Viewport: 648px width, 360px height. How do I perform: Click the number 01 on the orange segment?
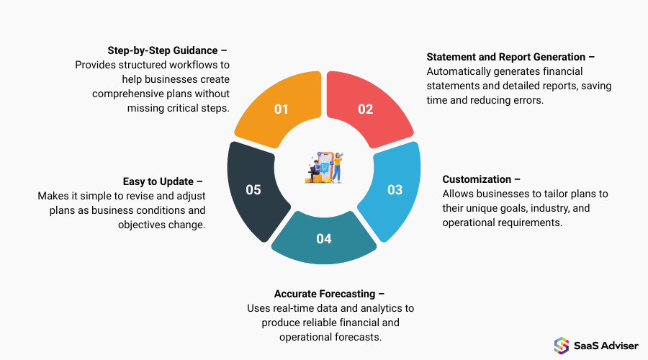coord(281,109)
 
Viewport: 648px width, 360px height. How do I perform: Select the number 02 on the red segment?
coord(366,109)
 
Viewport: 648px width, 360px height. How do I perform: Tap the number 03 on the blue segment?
coord(395,190)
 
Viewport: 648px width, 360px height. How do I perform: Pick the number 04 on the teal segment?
coord(324,238)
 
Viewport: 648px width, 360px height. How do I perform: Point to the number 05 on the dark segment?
coord(253,190)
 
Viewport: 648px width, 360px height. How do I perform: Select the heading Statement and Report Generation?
coord(512,57)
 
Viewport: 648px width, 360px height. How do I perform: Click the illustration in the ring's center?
coord(324,167)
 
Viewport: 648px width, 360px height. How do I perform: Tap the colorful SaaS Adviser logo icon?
coord(561,345)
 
